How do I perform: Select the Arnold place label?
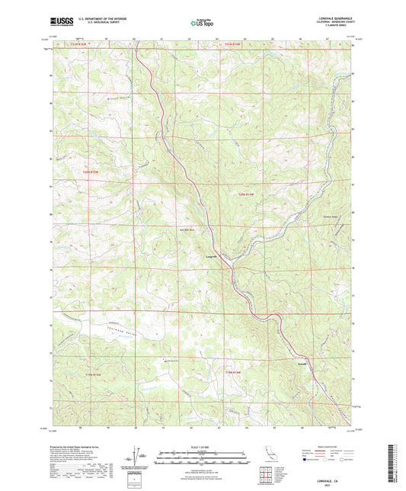(302, 365)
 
